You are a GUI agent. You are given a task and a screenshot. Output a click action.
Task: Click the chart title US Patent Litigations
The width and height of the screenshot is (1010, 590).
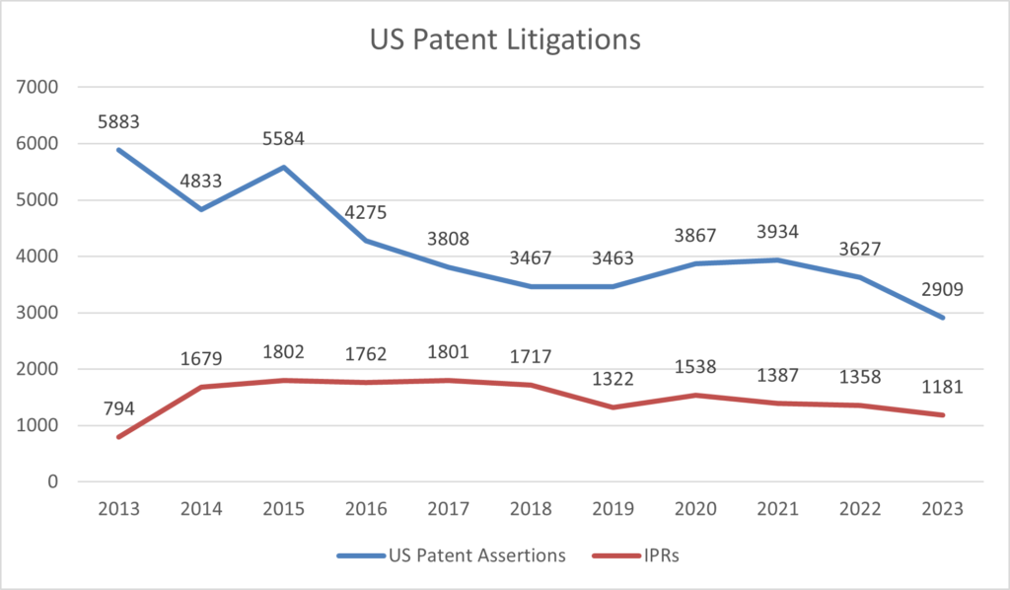click(x=505, y=40)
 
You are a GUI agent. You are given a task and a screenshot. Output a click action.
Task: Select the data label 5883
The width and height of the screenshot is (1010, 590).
click(x=119, y=122)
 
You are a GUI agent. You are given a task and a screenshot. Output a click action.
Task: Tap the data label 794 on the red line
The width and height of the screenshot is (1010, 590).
click(x=119, y=408)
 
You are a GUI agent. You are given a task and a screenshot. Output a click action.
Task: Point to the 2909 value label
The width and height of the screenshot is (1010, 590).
click(x=944, y=290)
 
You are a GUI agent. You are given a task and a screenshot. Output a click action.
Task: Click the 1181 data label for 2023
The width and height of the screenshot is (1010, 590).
click(x=944, y=387)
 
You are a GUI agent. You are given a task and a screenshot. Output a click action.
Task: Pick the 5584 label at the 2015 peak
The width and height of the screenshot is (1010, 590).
click(x=284, y=139)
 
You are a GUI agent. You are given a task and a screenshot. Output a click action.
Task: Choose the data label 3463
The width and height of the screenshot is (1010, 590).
click(x=614, y=259)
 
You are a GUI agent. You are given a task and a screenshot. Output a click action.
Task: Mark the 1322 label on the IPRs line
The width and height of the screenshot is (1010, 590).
click(x=614, y=380)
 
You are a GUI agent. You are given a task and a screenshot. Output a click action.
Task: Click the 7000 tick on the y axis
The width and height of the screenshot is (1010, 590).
click(x=40, y=87)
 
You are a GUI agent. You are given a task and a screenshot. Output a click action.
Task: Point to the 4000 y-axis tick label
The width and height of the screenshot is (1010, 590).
click(x=40, y=257)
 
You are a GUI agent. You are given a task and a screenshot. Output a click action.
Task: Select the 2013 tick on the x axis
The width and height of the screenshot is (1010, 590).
click(x=119, y=510)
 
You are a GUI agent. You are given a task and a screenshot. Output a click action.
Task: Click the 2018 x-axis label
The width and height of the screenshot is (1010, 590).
click(x=532, y=510)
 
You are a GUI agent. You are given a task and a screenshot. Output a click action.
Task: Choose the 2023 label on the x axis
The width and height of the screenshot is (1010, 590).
click(x=944, y=510)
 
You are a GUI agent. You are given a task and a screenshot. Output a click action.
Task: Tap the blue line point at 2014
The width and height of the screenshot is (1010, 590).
click(x=201, y=209)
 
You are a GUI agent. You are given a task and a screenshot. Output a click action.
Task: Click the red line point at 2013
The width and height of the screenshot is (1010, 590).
click(x=119, y=437)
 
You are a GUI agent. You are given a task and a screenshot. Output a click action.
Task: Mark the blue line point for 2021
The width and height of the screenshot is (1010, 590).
click(x=779, y=259)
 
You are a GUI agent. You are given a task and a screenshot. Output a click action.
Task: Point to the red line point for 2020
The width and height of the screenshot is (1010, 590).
click(x=696, y=395)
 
